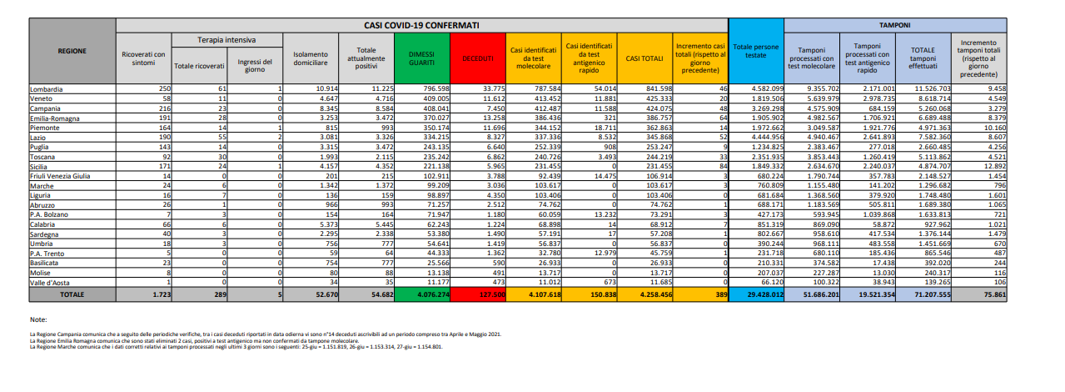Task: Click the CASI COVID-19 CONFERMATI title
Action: (x=422, y=27)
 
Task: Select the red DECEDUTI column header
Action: (x=478, y=58)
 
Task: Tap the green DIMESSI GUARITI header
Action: (x=421, y=58)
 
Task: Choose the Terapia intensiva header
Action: (x=226, y=40)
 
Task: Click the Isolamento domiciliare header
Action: (x=311, y=58)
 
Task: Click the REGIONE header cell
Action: (x=72, y=51)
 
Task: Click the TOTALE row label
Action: (x=72, y=294)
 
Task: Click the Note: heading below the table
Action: (x=37, y=319)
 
